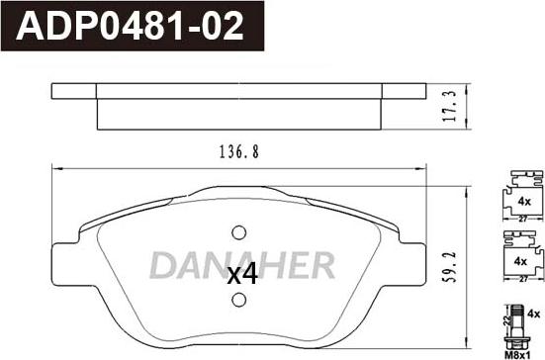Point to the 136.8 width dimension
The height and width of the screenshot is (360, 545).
pos(239,152)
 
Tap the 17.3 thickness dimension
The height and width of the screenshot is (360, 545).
pos(450,107)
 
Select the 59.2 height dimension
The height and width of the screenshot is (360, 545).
pos(451,267)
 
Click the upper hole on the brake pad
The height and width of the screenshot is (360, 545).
pos(239,232)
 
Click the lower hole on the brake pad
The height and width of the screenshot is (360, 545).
pos(239,300)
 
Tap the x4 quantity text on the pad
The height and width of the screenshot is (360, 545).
pos(242,274)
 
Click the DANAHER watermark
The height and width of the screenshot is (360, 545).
pos(242,265)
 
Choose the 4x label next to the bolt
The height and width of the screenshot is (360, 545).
pos(533,315)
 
